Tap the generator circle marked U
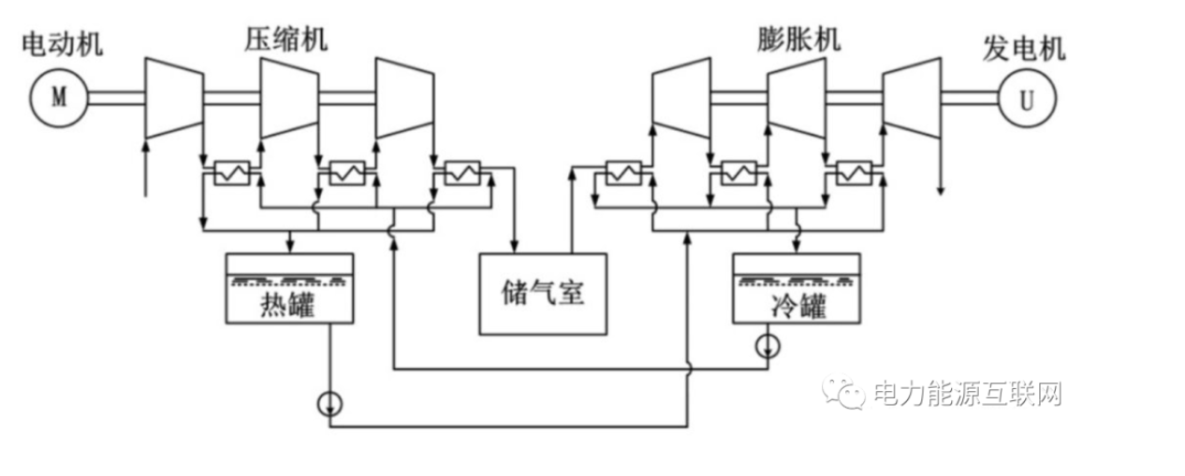click(1027, 99)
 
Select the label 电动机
click(63, 43)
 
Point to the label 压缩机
click(287, 39)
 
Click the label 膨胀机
click(798, 39)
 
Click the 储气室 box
click(543, 294)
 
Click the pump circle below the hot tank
click(329, 403)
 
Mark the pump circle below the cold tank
click(768, 347)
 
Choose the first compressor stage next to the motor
click(173, 97)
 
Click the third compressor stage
click(403, 97)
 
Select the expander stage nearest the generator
click(913, 97)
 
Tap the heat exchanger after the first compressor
click(231, 173)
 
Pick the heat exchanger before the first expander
click(623, 173)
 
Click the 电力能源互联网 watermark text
click(966, 394)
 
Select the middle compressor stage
click(288, 97)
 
